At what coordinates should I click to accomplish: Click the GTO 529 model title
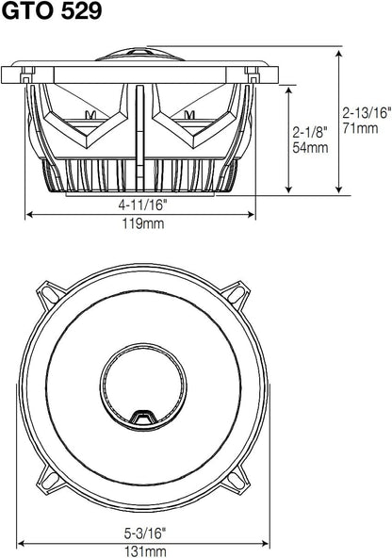tap(52, 10)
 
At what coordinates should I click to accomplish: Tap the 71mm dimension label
tap(360, 128)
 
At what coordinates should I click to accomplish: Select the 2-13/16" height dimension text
tap(367, 113)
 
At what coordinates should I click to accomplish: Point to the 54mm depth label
tap(310, 147)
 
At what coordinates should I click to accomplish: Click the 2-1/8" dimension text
tap(309, 132)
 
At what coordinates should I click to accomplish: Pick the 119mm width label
tap(143, 223)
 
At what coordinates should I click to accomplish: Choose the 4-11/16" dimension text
tap(142, 205)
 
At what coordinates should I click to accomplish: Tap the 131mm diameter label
tap(145, 551)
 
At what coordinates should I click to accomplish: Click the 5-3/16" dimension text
tap(145, 533)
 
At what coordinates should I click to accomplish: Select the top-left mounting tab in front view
tap(50, 294)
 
